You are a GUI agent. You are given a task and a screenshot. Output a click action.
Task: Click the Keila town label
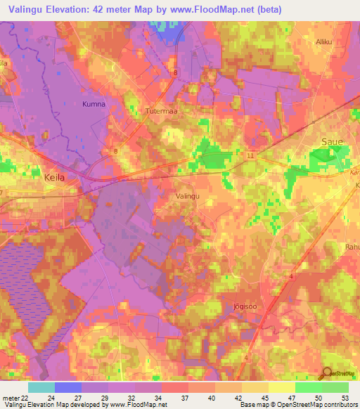tap(54, 178)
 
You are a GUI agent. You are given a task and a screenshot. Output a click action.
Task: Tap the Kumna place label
tap(93, 104)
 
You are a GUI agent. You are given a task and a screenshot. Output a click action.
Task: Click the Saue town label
tap(332, 142)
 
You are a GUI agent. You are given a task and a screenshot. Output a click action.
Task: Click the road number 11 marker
tap(251, 155)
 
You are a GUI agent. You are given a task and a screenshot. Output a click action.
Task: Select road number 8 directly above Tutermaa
tap(174, 72)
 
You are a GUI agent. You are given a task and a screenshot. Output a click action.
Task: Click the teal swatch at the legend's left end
tap(41, 387)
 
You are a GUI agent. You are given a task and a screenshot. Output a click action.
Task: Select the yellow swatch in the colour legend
tap(281, 387)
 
